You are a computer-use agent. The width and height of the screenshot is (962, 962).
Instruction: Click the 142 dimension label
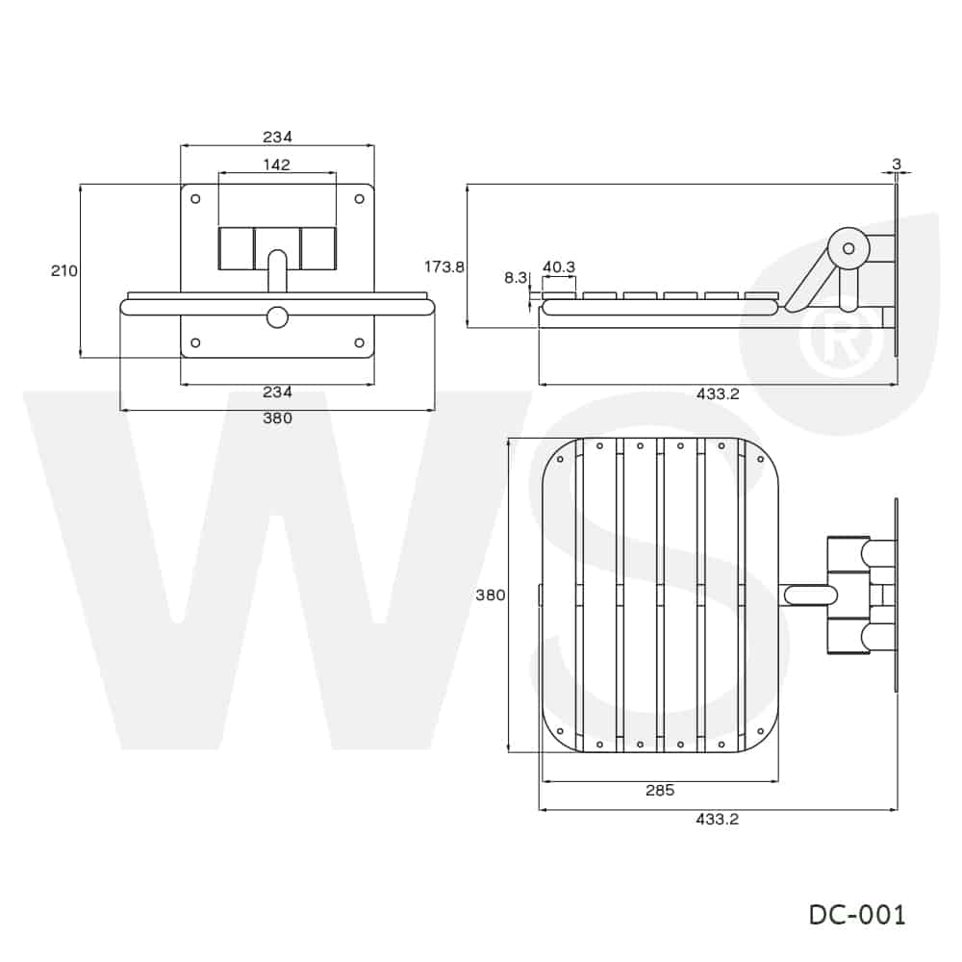277,165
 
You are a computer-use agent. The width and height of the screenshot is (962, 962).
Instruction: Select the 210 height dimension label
63,270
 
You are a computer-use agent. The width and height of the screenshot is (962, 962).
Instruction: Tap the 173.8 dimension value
444,266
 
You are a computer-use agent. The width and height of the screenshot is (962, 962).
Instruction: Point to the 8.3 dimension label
516,278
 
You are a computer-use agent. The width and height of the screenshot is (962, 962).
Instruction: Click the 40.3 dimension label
559,267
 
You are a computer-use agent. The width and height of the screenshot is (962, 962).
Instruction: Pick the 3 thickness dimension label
897,165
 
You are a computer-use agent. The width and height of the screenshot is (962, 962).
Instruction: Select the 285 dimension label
660,790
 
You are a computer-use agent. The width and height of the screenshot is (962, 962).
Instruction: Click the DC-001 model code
857,915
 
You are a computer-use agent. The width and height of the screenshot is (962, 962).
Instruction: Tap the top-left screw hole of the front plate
195,199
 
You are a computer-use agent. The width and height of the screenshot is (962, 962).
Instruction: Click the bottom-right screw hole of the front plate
360,343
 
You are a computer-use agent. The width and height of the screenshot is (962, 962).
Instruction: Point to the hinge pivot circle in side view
848,248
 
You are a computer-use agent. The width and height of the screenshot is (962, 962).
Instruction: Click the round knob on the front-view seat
277,317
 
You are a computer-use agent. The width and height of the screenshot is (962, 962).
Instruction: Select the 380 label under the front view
277,418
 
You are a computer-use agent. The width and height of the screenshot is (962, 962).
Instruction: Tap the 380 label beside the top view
491,595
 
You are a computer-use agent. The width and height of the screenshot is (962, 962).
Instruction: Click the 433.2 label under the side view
718,394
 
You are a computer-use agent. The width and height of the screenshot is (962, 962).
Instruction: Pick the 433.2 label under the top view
718,820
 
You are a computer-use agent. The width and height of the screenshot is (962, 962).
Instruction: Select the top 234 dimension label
277,137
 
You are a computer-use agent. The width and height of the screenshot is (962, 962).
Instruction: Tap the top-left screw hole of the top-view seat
560,459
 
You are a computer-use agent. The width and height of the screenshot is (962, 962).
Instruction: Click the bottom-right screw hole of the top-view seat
761,731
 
